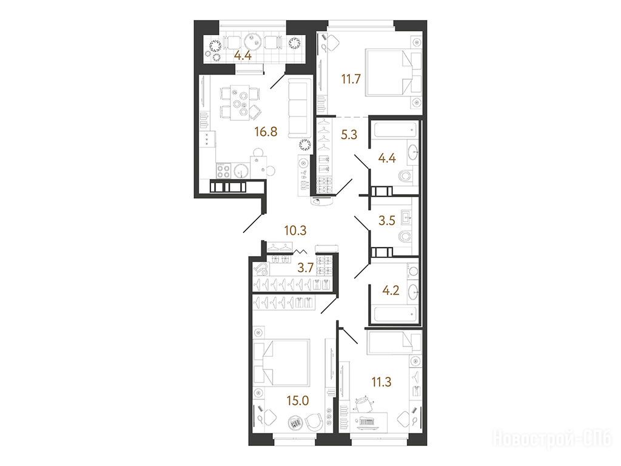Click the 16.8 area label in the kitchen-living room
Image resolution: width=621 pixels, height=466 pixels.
[266, 132]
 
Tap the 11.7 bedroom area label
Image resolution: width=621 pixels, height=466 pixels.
[351, 79]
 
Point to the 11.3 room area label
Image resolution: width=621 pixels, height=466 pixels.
[381, 382]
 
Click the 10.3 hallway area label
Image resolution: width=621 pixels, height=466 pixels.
[295, 230]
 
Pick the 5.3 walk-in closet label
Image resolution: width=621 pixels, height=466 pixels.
[349, 135]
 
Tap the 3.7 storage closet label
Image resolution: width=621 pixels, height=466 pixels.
[306, 268]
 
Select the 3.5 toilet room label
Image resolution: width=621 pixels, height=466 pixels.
[387, 220]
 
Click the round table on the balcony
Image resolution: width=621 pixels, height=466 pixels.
[253, 41]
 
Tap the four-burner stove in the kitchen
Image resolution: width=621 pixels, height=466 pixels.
[223, 171]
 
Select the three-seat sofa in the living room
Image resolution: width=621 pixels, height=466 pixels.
[300, 108]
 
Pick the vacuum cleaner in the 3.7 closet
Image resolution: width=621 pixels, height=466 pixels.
[261, 269]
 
